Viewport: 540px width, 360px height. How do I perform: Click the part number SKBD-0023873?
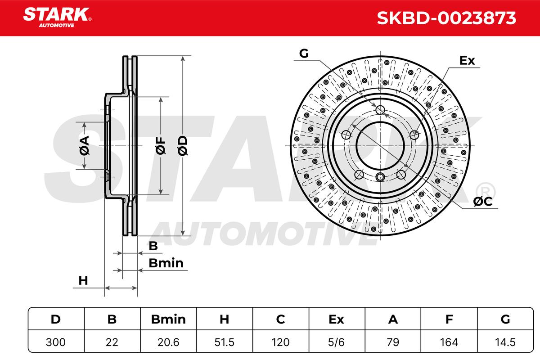coord(446,18)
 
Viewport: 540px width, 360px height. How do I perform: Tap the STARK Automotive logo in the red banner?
coord(57,18)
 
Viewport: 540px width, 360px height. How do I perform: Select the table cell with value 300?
coord(56,342)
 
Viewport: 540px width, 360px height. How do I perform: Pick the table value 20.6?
coord(168,342)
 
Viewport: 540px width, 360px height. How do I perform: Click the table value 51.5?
coord(225,342)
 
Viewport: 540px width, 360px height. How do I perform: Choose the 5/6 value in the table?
coord(336,342)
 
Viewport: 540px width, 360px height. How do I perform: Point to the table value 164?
coord(449,342)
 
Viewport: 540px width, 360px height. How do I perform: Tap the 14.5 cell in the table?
coord(505,342)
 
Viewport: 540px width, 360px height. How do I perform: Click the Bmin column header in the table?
coord(168,319)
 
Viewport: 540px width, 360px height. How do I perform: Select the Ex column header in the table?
coord(336,319)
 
